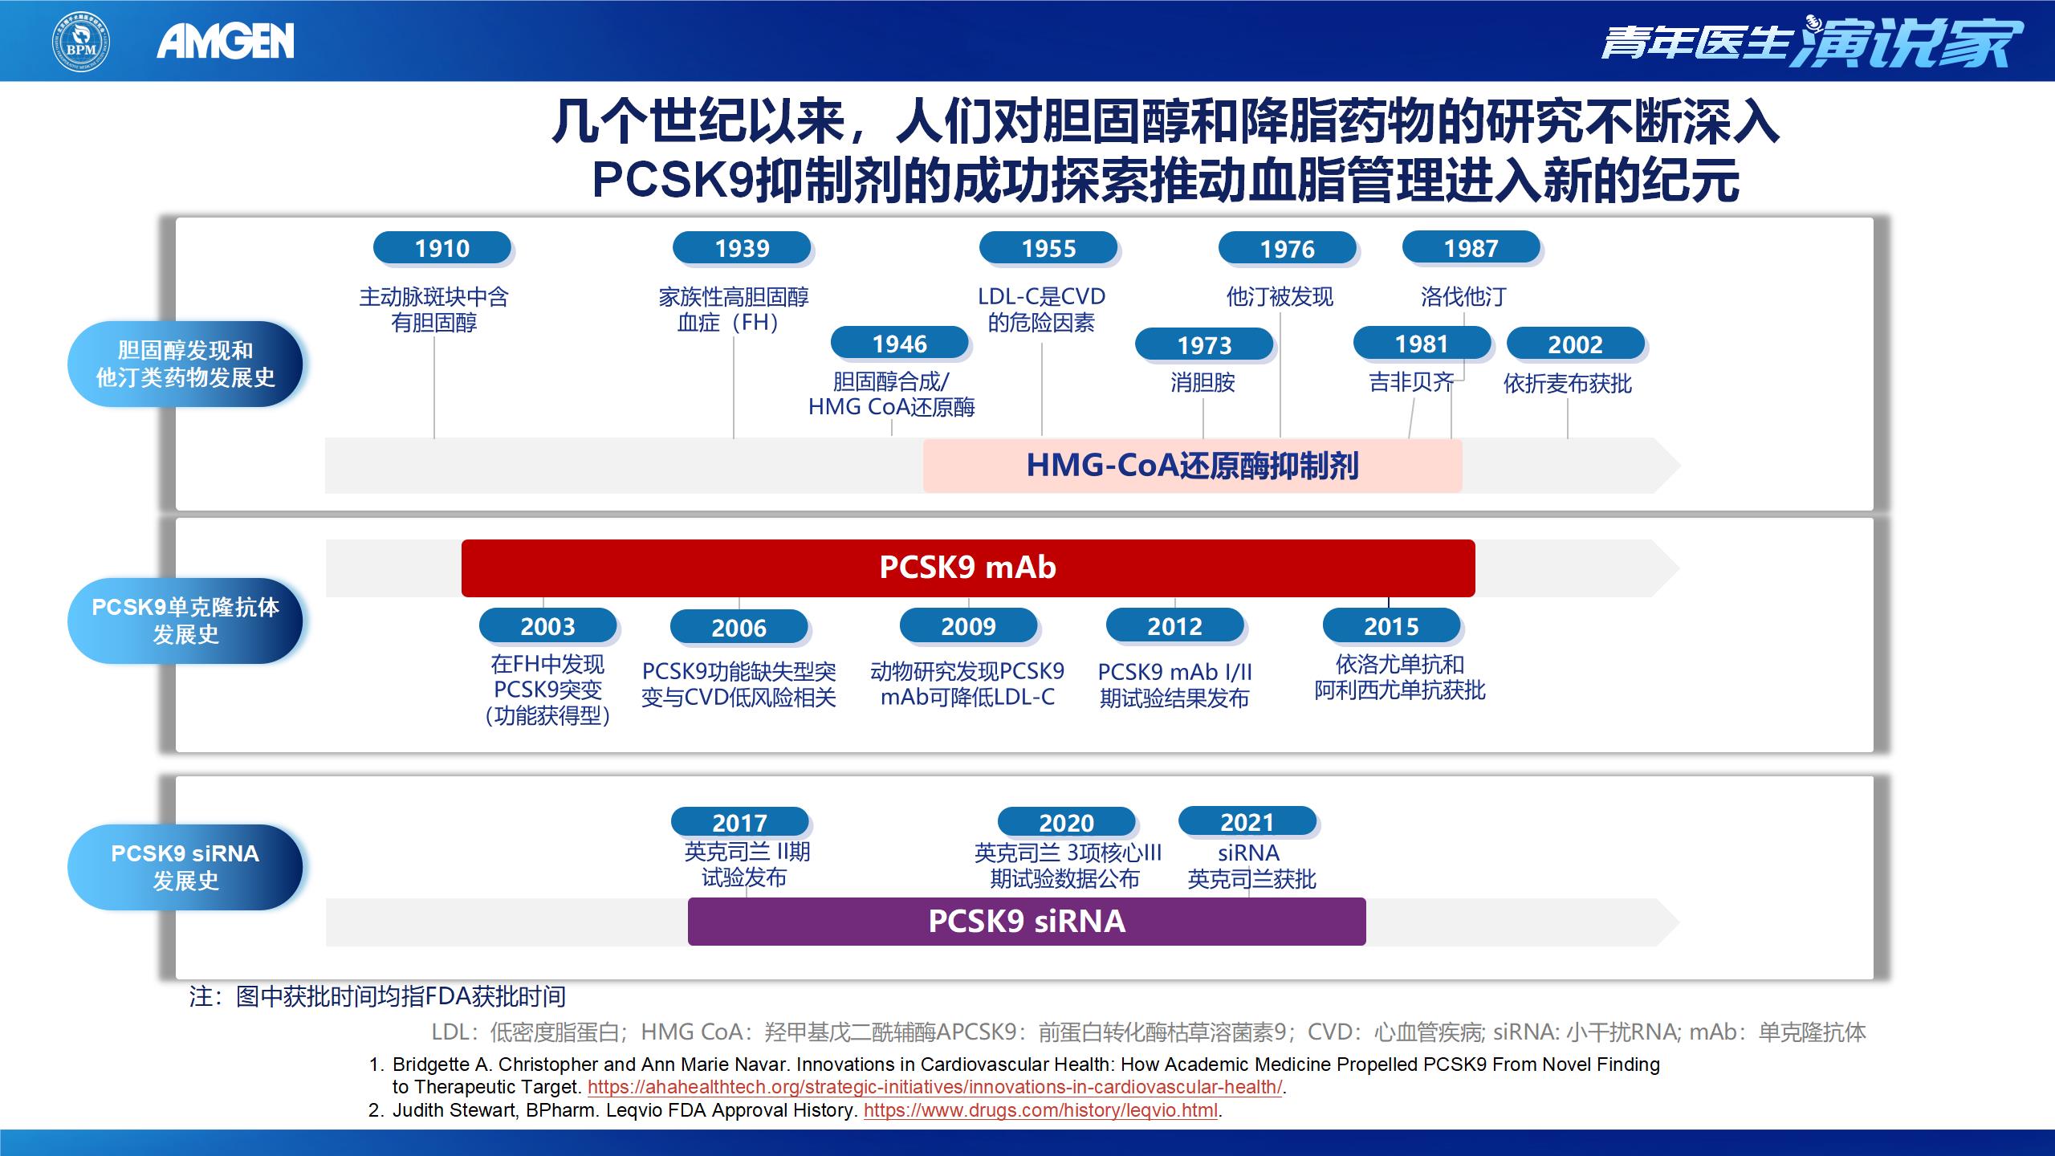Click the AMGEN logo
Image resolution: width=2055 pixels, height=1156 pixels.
(x=226, y=41)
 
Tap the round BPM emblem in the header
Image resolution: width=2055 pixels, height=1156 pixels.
(x=81, y=41)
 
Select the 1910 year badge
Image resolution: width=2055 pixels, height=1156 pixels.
(x=442, y=248)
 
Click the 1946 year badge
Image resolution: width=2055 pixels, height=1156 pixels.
(x=900, y=344)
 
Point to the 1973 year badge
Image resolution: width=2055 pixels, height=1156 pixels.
(x=1204, y=345)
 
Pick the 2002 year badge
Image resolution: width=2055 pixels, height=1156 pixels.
(x=1575, y=344)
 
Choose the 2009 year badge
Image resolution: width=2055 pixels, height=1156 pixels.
(x=968, y=626)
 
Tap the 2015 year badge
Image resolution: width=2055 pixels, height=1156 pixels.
(x=1391, y=626)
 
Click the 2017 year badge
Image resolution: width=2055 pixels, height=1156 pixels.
(x=739, y=823)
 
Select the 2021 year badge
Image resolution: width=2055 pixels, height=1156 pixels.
(x=1247, y=822)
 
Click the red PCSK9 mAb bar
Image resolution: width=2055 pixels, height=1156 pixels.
(x=967, y=568)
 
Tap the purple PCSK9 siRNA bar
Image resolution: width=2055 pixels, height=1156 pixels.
(x=1026, y=921)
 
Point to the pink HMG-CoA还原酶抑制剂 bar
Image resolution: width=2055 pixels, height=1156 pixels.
(x=1192, y=466)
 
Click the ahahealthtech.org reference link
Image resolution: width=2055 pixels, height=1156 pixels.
(x=934, y=1088)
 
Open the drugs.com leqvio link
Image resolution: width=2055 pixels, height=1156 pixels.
(x=1040, y=1111)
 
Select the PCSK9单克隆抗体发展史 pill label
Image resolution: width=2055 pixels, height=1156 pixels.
(x=185, y=621)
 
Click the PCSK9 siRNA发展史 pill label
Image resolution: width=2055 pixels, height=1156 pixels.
(x=185, y=867)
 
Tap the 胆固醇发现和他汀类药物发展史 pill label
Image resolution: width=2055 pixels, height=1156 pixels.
(x=185, y=364)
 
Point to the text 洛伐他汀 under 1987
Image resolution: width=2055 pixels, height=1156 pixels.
(x=1463, y=297)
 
